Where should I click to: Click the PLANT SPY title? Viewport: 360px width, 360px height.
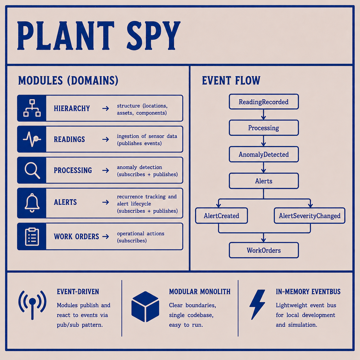pos(99,36)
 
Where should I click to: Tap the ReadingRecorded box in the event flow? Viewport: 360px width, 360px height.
pos(264,102)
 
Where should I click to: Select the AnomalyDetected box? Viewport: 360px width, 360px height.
pos(264,154)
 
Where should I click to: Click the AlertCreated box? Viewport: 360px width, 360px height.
pos(221,216)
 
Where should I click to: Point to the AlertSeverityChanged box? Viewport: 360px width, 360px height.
pos(309,216)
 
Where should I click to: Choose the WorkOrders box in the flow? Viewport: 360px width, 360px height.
pos(264,250)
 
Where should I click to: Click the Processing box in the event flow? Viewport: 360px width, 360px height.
pos(264,128)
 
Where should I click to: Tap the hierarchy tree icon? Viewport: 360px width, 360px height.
pos(32,108)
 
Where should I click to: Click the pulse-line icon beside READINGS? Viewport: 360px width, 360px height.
pos(32,139)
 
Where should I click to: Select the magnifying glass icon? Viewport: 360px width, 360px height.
pos(32,170)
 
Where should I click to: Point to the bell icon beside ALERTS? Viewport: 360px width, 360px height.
pos(32,203)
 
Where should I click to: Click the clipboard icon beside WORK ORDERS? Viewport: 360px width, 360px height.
pos(32,237)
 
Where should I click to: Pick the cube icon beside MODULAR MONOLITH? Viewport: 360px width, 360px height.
pos(145,307)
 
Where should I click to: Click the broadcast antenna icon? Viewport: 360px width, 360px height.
pos(32,305)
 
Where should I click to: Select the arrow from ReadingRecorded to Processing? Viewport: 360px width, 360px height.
pos(264,115)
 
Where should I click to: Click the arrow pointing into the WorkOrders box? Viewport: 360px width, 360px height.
pos(264,237)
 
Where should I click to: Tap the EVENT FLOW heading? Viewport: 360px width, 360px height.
pos(231,80)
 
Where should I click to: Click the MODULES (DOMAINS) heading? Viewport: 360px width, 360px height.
pos(68,80)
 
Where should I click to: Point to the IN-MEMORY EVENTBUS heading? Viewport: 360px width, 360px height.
pos(308,292)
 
